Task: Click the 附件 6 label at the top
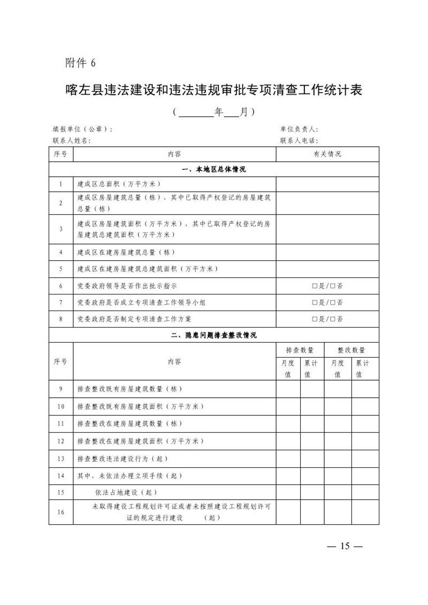pyautogui.click(x=80, y=63)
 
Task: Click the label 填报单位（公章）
pyautogui.click(x=82, y=130)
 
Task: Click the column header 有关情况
pyautogui.click(x=327, y=154)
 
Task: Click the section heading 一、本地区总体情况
pyautogui.click(x=213, y=169)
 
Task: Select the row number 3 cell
pyautogui.click(x=61, y=229)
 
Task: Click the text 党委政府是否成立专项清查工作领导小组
pyautogui.click(x=142, y=303)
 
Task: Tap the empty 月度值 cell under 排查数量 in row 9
pyautogui.click(x=288, y=389)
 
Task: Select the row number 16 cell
pyautogui.click(x=61, y=512)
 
